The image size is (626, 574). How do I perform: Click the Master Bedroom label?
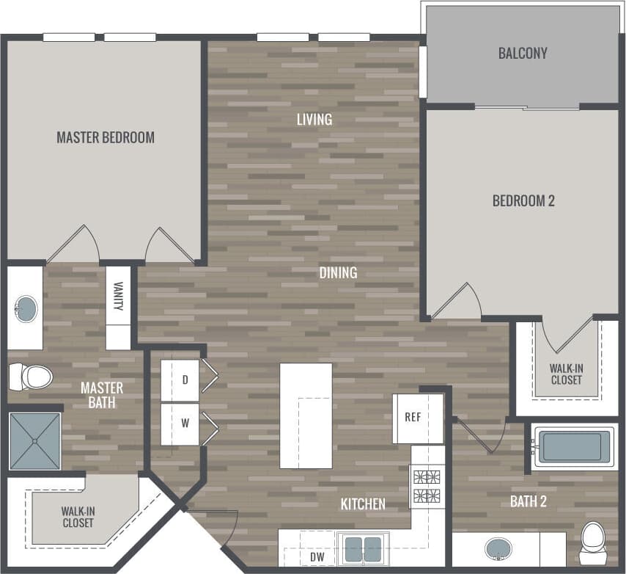pos(106,137)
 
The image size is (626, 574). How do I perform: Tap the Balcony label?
pos(523,54)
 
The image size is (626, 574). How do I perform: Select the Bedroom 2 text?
pos(523,200)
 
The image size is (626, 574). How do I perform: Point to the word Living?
pos(314,119)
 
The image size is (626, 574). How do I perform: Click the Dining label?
pos(338,272)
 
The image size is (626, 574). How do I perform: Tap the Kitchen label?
pos(363,504)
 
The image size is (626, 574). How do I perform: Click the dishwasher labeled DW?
pos(317,558)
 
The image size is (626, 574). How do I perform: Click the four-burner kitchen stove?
pos(428,486)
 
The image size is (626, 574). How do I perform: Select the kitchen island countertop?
pos(306,415)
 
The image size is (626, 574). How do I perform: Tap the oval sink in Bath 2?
pos(499,548)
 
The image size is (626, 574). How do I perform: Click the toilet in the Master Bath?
pos(32,377)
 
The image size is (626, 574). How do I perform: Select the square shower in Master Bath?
pos(35,441)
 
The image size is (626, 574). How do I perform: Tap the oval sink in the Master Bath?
pos(26,308)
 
